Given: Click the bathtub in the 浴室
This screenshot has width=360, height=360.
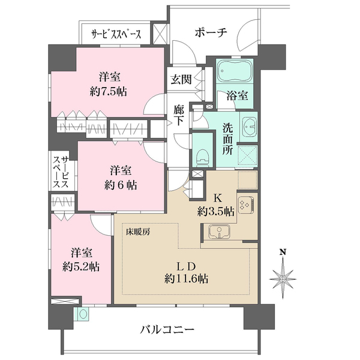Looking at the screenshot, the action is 235,71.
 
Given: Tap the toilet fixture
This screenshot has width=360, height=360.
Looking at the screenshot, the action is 202,157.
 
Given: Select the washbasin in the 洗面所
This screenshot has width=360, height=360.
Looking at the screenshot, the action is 249,127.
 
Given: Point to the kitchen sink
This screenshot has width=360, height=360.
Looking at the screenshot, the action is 219,232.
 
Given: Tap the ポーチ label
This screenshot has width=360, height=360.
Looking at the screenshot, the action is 211,32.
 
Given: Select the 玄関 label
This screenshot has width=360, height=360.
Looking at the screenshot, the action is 181,80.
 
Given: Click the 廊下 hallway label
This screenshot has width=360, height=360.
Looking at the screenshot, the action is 178,115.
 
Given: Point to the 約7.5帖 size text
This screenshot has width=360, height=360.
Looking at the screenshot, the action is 108,92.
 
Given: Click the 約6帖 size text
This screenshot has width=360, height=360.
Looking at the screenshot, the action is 121,185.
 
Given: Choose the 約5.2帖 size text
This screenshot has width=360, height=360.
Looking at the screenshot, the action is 81,267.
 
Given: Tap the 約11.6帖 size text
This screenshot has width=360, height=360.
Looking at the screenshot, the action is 186,279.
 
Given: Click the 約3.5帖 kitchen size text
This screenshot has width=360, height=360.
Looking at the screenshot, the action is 216,211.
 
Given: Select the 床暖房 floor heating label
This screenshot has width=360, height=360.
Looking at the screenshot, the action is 138,232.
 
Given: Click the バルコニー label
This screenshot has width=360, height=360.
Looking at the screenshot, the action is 167,331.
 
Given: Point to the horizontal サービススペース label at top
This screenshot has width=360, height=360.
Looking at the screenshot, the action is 116,35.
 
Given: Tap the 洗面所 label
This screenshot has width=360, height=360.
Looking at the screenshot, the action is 227,139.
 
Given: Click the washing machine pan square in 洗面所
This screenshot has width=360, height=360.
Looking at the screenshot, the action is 247,156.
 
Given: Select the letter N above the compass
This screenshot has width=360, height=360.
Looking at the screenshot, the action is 283,253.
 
